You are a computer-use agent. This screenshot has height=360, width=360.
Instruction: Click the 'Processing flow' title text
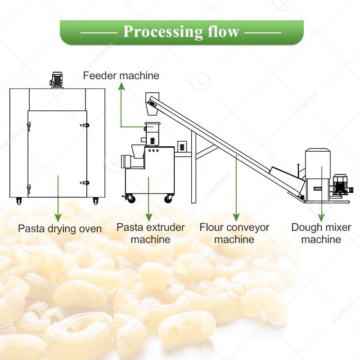(x=181, y=32)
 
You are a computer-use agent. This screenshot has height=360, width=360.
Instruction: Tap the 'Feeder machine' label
(x=121, y=76)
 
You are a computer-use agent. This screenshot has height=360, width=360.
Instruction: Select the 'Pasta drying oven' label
(x=60, y=228)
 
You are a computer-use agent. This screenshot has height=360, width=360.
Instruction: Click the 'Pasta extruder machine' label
(x=151, y=233)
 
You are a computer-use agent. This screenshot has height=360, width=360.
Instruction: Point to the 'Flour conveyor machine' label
(x=234, y=233)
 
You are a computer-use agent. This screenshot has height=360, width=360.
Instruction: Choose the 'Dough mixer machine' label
(x=321, y=233)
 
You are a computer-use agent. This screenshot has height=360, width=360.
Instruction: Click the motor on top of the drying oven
(x=57, y=80)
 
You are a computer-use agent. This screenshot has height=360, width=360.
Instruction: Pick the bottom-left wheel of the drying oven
(x=19, y=200)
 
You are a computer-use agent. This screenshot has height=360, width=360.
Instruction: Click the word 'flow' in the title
(x=220, y=32)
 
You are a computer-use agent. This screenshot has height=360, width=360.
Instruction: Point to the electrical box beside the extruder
(x=182, y=146)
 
